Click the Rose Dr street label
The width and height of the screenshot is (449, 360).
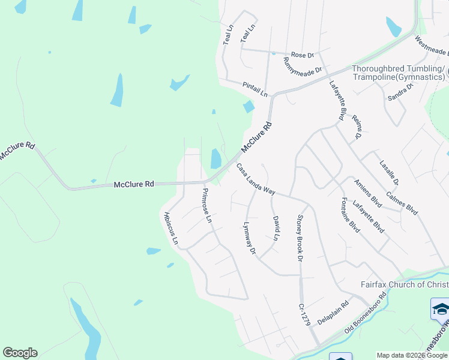[x=303, y=55]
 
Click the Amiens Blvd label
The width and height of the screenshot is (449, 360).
[x=368, y=193]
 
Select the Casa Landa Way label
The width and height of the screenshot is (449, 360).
[x=255, y=179]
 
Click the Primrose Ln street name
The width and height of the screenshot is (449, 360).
[x=206, y=205]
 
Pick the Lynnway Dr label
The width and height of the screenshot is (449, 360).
[x=249, y=239]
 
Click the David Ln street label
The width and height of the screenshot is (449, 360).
[x=277, y=228]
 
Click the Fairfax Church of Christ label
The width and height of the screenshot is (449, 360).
[x=404, y=284]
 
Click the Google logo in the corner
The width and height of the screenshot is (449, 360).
[x=20, y=353]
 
